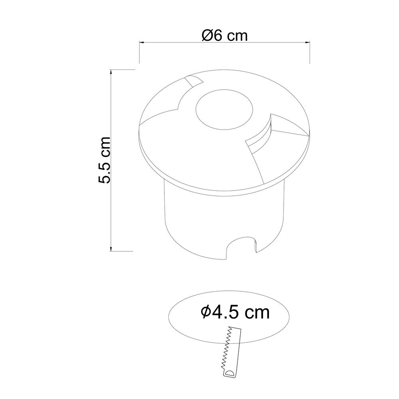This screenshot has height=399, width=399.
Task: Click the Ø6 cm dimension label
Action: point(224,36)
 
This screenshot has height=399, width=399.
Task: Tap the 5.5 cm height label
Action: point(104,160)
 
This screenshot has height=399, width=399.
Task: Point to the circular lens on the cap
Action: point(224,109)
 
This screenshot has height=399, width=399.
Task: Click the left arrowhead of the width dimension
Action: point(142,42)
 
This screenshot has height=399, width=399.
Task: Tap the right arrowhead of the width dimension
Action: point(307,43)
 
